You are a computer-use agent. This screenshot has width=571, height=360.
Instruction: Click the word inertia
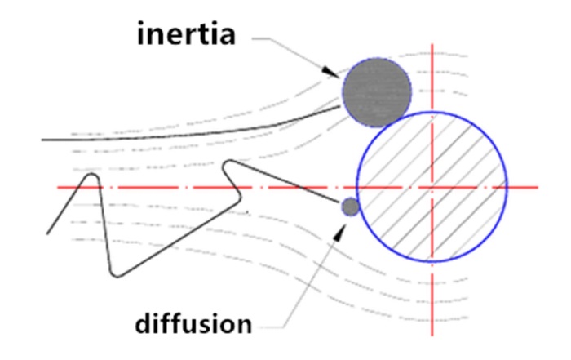[186, 33]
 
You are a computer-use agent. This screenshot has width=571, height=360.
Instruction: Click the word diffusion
[193, 322]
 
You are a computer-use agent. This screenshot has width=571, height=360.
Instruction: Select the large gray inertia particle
[377, 92]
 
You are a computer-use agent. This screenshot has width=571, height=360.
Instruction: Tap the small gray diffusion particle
[351, 207]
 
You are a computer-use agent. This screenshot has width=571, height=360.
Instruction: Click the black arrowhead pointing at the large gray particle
[332, 72]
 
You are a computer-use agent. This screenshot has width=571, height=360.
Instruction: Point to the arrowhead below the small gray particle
[339, 232]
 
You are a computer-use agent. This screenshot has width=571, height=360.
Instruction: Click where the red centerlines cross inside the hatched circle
[432, 187]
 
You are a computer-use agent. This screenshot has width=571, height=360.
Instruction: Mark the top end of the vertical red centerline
[432, 44]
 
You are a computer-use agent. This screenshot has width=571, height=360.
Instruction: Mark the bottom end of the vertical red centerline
[432, 336]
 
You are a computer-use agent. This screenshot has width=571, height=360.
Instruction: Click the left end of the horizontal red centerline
[58, 187]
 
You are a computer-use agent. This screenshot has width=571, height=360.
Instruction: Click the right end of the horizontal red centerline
[538, 187]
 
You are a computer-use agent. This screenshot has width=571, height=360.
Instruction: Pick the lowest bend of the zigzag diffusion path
[117, 276]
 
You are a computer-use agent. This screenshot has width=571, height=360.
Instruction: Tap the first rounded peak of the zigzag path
[91, 175]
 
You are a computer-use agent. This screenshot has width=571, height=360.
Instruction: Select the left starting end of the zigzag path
[47, 233]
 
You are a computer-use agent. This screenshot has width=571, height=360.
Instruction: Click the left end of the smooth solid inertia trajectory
[42, 140]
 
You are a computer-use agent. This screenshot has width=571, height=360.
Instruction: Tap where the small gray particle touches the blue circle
[359, 204]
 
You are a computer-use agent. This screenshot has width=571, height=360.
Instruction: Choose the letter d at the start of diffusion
[143, 322]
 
